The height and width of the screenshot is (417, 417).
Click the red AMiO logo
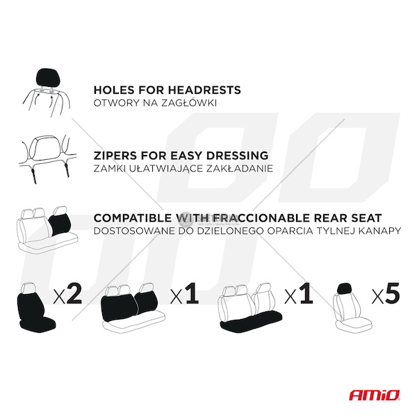pyautogui.click(x=375, y=395)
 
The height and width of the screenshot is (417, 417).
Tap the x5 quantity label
pyautogui.click(x=386, y=293)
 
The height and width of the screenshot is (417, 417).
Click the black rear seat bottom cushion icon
pyautogui.click(x=252, y=321)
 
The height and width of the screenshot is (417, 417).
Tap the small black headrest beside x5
pyautogui.click(x=344, y=288)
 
